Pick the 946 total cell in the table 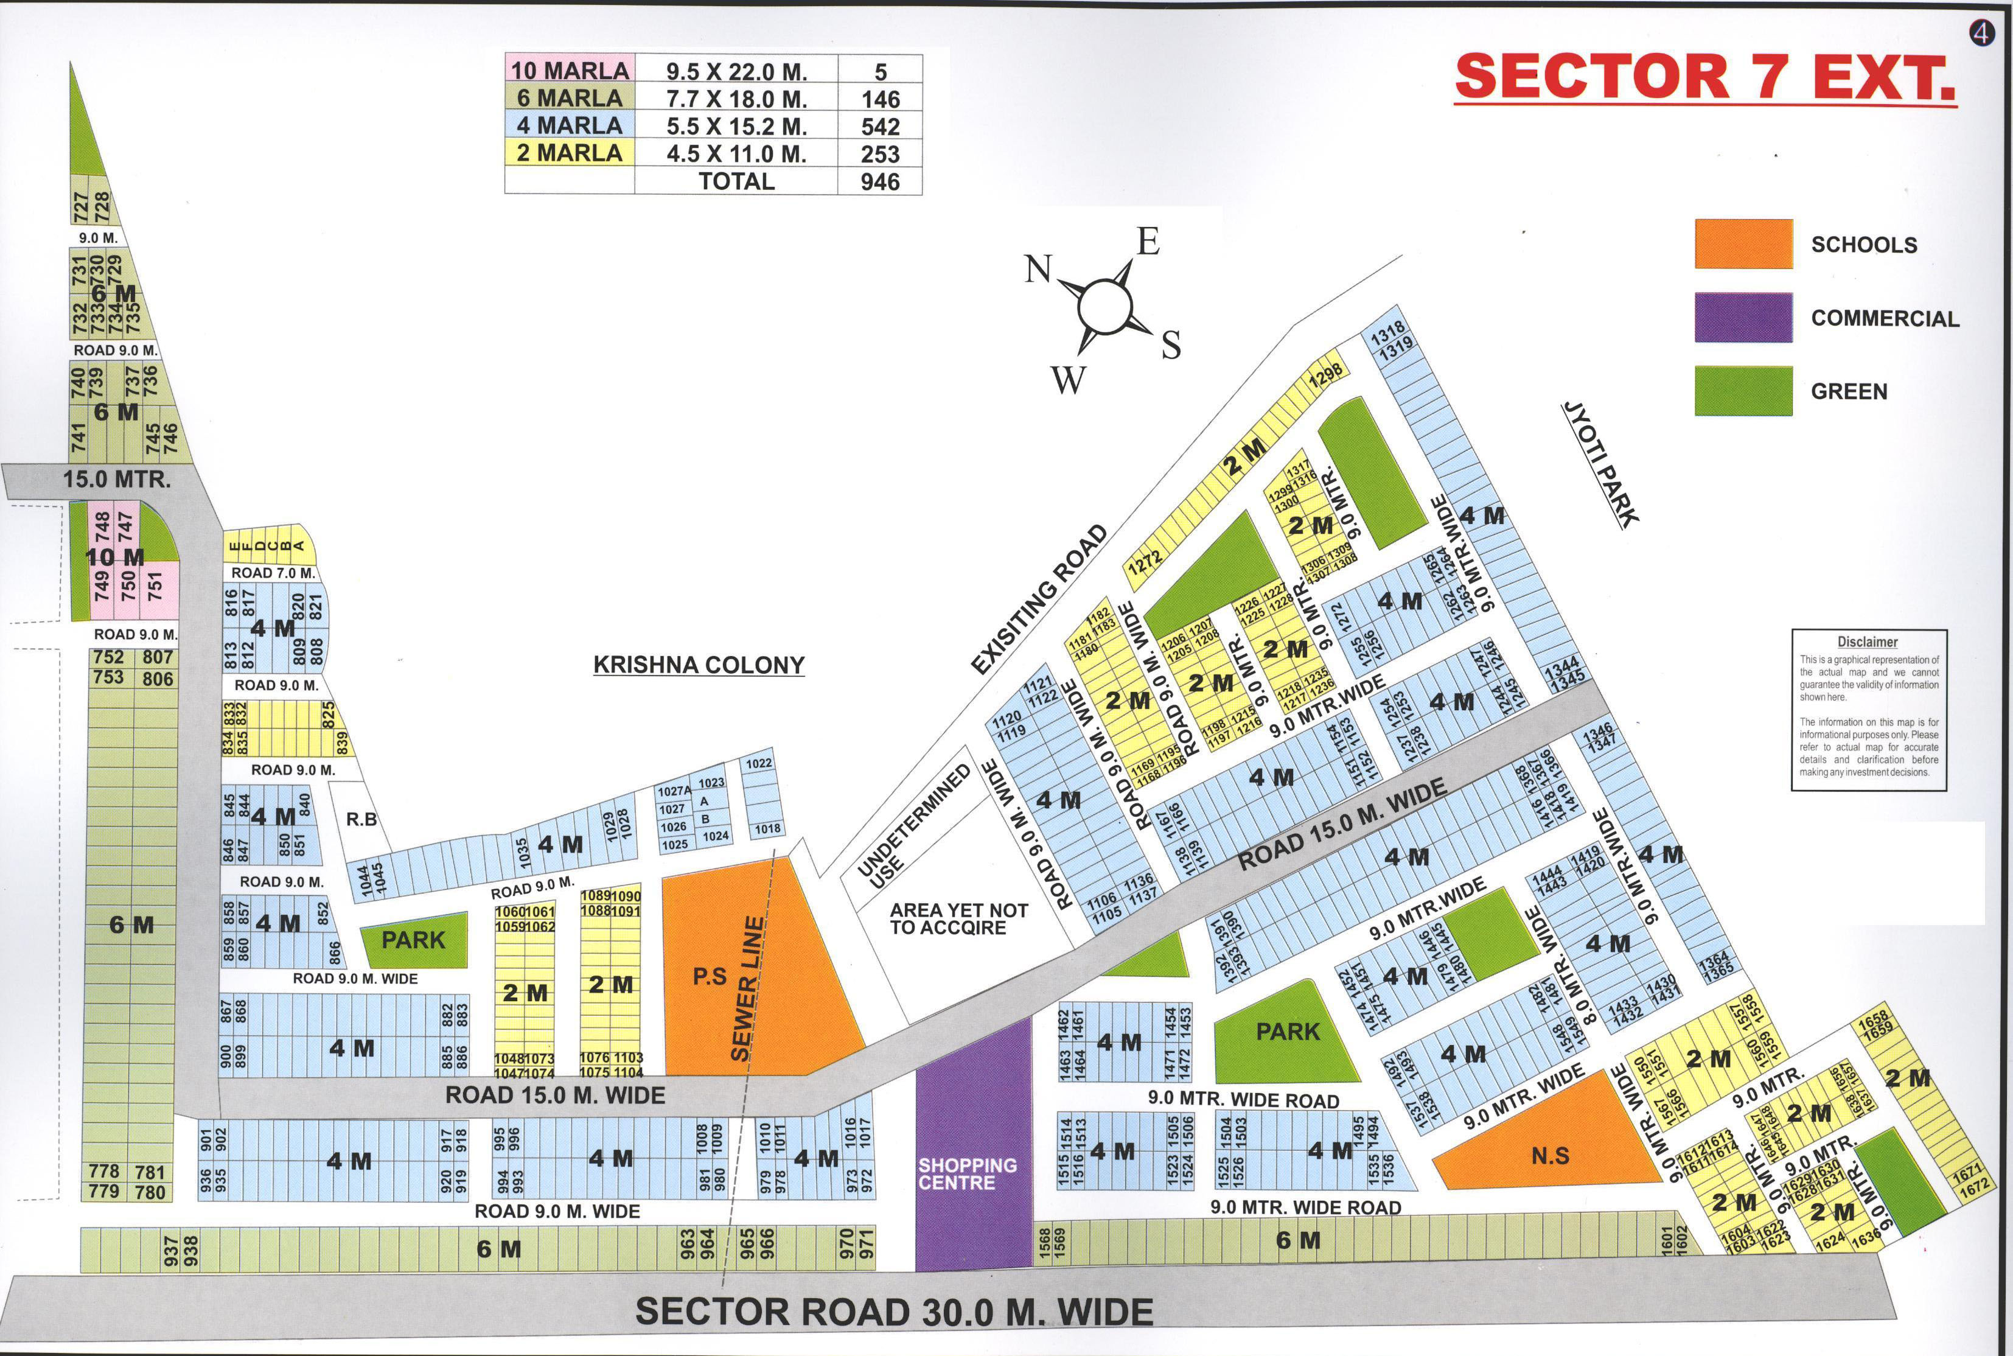click(879, 181)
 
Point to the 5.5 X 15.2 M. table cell click(735, 126)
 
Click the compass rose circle click(1104, 306)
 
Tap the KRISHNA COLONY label click(699, 665)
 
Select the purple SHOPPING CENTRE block click(974, 1150)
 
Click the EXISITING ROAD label click(1039, 600)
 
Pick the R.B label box click(361, 819)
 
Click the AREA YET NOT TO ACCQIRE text click(959, 919)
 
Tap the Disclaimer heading click(1867, 641)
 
